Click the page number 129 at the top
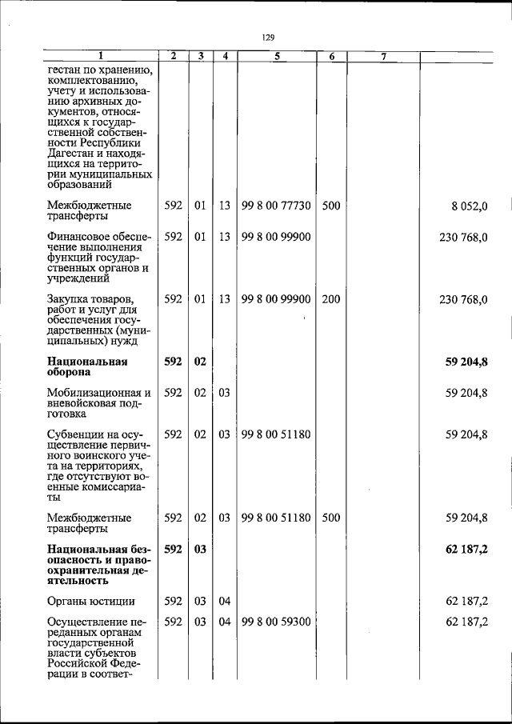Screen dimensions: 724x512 pyautogui.click(x=269, y=37)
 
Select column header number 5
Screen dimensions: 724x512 pyautogui.click(x=276, y=57)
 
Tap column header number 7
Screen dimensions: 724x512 pyautogui.click(x=383, y=57)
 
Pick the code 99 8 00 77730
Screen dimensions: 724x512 pyautogui.click(x=276, y=206)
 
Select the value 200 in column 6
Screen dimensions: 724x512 pyautogui.click(x=331, y=299)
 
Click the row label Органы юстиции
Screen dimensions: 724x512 pyautogui.click(x=90, y=602)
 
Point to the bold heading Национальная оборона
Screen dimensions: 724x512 pyautogui.click(x=87, y=366)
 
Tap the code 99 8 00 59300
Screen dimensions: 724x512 pyautogui.click(x=276, y=622)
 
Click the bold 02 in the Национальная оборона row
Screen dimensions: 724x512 pyautogui.click(x=200, y=362)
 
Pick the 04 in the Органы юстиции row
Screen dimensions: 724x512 pyautogui.click(x=225, y=602)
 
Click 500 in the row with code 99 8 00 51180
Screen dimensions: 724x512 pyautogui.click(x=331, y=518)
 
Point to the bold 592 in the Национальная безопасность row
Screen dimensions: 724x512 pyautogui.click(x=174, y=549)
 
